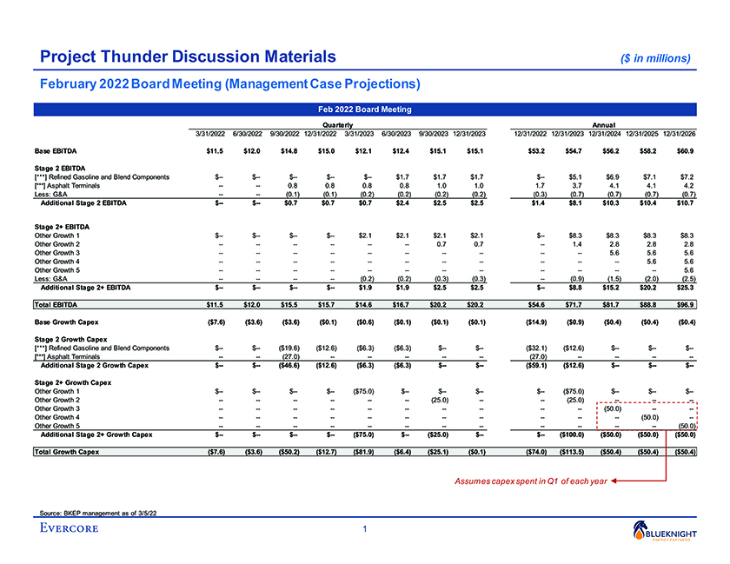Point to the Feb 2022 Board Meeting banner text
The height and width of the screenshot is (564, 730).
[x=366, y=109]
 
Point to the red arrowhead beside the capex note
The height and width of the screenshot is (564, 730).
[x=613, y=480]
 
